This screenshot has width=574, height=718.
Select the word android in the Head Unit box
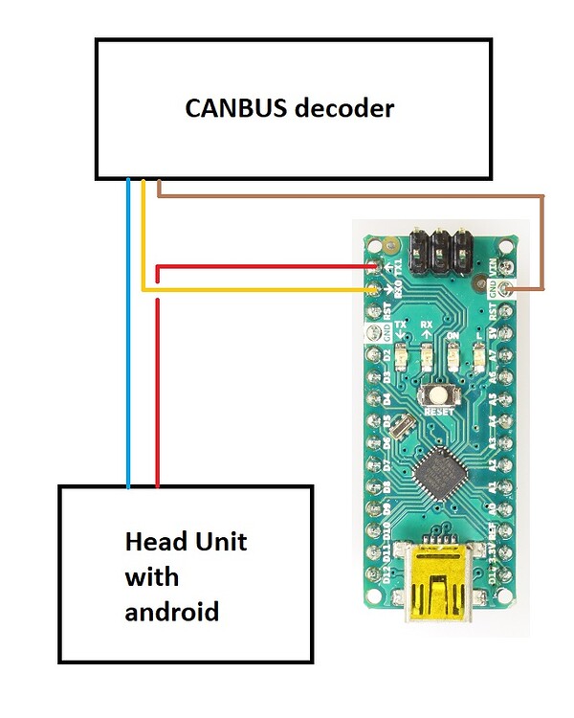coord(172,610)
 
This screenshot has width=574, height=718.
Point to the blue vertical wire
coord(128,335)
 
